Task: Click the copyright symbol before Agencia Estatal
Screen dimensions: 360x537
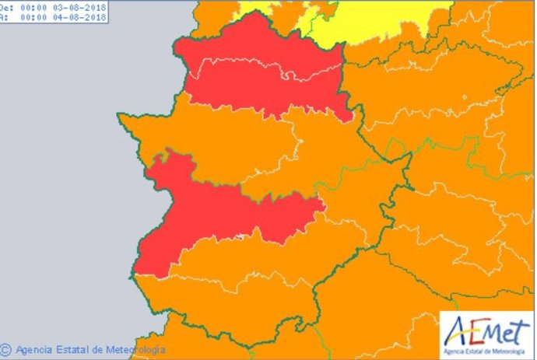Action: (x=6, y=350)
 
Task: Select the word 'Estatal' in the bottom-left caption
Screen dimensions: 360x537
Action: (x=71, y=350)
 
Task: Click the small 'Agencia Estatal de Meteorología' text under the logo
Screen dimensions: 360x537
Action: (x=486, y=348)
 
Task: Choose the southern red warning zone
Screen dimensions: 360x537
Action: (x=210, y=214)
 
